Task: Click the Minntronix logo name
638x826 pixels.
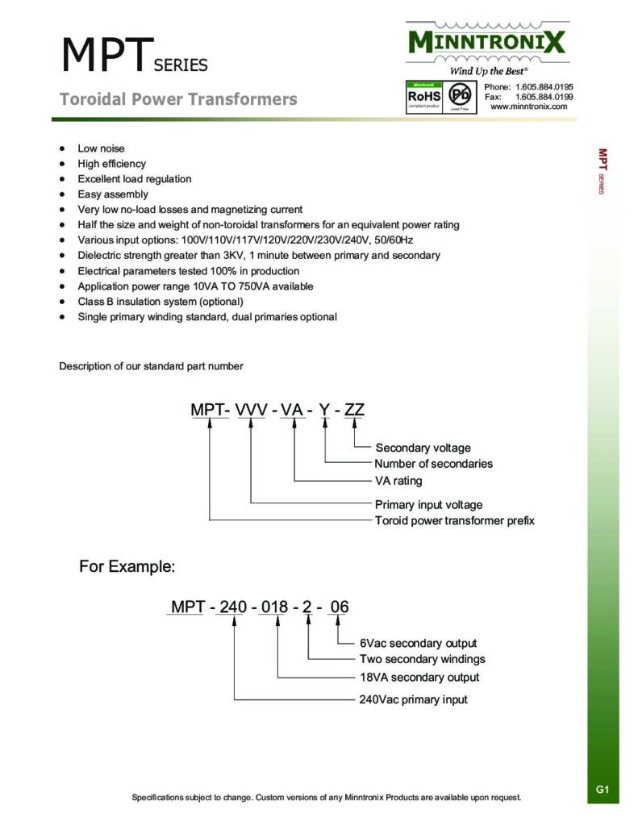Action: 486,42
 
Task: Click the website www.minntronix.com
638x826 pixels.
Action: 528,106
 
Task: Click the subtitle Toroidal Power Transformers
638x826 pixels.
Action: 178,99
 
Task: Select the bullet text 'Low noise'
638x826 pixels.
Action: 101,148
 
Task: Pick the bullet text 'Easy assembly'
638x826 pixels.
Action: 113,194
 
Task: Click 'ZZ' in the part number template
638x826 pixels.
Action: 354,410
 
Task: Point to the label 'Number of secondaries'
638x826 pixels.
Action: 433,464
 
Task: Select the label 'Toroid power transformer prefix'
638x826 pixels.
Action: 454,520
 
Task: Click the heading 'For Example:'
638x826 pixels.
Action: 127,567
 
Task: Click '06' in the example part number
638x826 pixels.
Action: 340,607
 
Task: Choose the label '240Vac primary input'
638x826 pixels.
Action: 413,699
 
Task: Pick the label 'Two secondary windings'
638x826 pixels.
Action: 423,659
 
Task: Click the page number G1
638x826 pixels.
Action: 603,790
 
